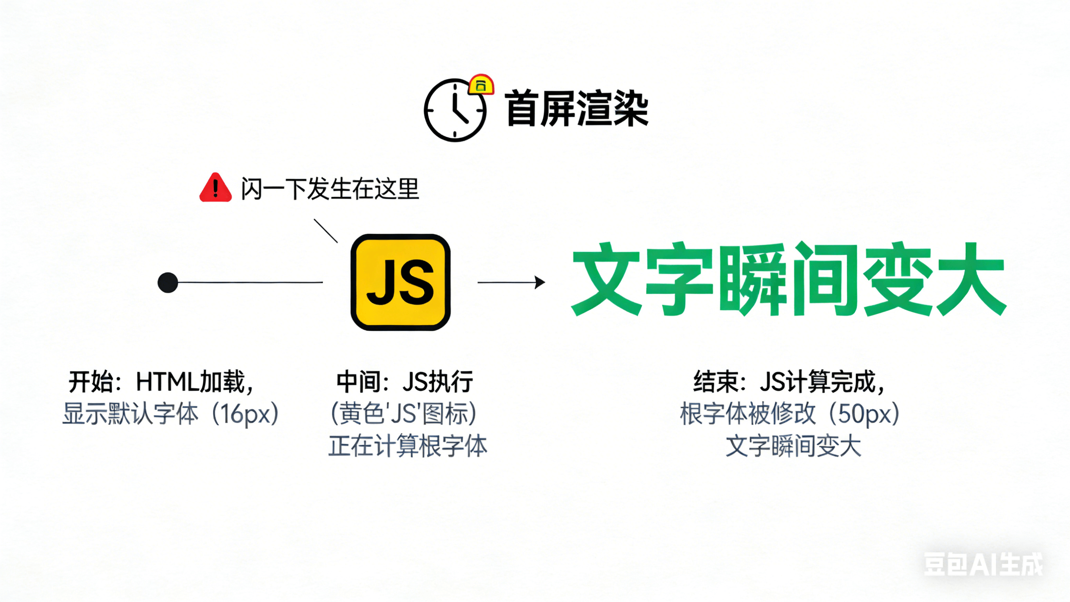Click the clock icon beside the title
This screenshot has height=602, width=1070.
coord(455,110)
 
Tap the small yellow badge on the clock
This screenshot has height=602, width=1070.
coord(481,85)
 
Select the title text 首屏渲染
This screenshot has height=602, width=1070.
coord(576,109)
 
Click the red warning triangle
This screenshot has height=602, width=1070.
coord(215,188)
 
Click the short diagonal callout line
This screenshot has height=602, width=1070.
coord(326,231)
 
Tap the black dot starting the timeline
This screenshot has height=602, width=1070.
coord(168,283)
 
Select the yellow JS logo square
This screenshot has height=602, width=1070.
coord(401,282)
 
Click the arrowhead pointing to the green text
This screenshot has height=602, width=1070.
coord(540,282)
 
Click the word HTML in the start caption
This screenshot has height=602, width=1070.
coord(167,382)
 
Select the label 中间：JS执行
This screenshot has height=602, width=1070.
coord(404,382)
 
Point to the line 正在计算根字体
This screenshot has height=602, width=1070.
coord(408,446)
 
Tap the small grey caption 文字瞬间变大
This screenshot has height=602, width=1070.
coord(793,446)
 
